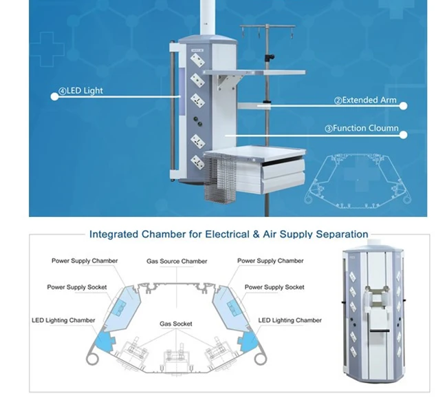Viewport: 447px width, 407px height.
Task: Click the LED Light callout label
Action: pyautogui.click(x=80, y=91)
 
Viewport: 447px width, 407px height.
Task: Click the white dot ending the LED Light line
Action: pyautogui.click(x=54, y=96)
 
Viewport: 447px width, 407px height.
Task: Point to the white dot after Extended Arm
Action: pyautogui.click(x=403, y=106)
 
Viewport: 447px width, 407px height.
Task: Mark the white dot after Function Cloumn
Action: pyautogui.click(x=403, y=134)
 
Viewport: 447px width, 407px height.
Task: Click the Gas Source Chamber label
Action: pyautogui.click(x=177, y=262)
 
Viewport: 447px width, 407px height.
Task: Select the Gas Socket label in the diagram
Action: pyautogui.click(x=176, y=324)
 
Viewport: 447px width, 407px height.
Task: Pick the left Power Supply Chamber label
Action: pyautogui.click(x=85, y=261)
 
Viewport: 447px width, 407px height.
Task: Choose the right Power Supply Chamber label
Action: pyautogui.click(x=270, y=261)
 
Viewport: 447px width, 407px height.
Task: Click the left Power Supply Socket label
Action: pyautogui.click(x=77, y=287)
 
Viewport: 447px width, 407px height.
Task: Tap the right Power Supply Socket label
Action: pyautogui.click(x=274, y=287)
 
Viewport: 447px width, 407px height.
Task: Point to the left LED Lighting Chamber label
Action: pyautogui.click(x=63, y=320)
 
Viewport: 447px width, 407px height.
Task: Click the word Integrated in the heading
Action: pyautogui.click(x=113, y=234)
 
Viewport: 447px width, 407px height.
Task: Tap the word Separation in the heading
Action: pyautogui.click(x=342, y=234)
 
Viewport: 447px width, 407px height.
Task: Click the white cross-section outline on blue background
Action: pyautogui.click(x=358, y=181)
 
